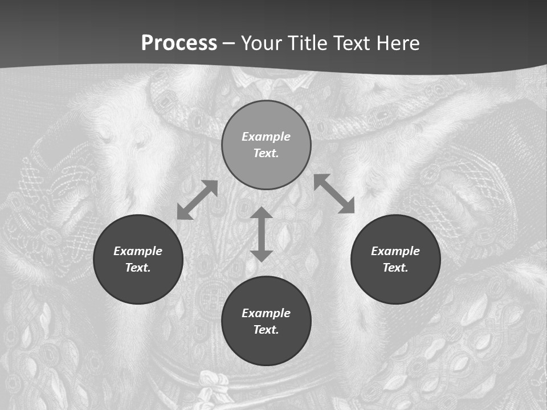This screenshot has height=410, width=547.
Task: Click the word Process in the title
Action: pos(179,43)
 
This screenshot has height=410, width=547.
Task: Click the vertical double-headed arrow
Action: pos(262,234)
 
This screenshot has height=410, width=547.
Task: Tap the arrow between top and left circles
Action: pos(197,200)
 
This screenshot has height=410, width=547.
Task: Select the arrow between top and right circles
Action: pos(334,194)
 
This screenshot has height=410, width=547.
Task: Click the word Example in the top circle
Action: pos(266,137)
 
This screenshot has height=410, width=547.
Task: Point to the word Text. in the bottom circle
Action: pos(266,330)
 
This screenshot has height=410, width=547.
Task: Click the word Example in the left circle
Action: pos(138,251)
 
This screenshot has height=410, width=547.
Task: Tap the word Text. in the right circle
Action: pos(395,268)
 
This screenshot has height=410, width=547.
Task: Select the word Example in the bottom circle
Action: pos(266,313)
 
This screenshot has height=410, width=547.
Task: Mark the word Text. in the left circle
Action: pos(138,268)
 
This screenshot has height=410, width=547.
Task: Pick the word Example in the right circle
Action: pos(395,251)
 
